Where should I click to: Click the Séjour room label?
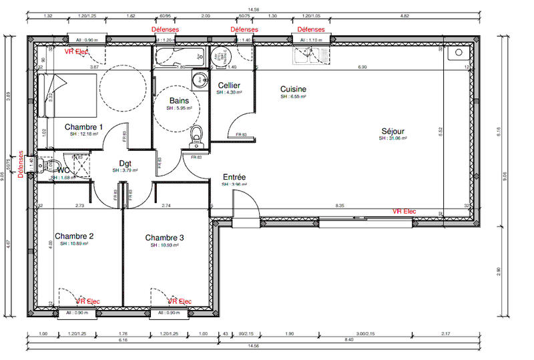click(x=392, y=131)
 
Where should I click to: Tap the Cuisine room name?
click(x=293, y=89)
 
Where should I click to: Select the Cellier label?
click(x=229, y=85)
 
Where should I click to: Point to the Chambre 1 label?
click(x=83, y=127)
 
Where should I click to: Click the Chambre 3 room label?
click(x=165, y=238)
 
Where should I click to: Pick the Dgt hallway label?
click(x=125, y=163)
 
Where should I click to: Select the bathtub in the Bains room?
click(x=171, y=57)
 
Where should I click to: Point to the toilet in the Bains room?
click(x=196, y=136)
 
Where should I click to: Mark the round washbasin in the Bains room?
click(x=199, y=81)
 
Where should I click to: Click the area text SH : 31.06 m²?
click(x=392, y=138)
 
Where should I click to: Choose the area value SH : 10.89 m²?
click(x=73, y=244)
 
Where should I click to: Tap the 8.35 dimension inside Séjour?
click(x=340, y=206)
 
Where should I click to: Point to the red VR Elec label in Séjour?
click(x=404, y=211)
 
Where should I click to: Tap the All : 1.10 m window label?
click(x=310, y=40)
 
